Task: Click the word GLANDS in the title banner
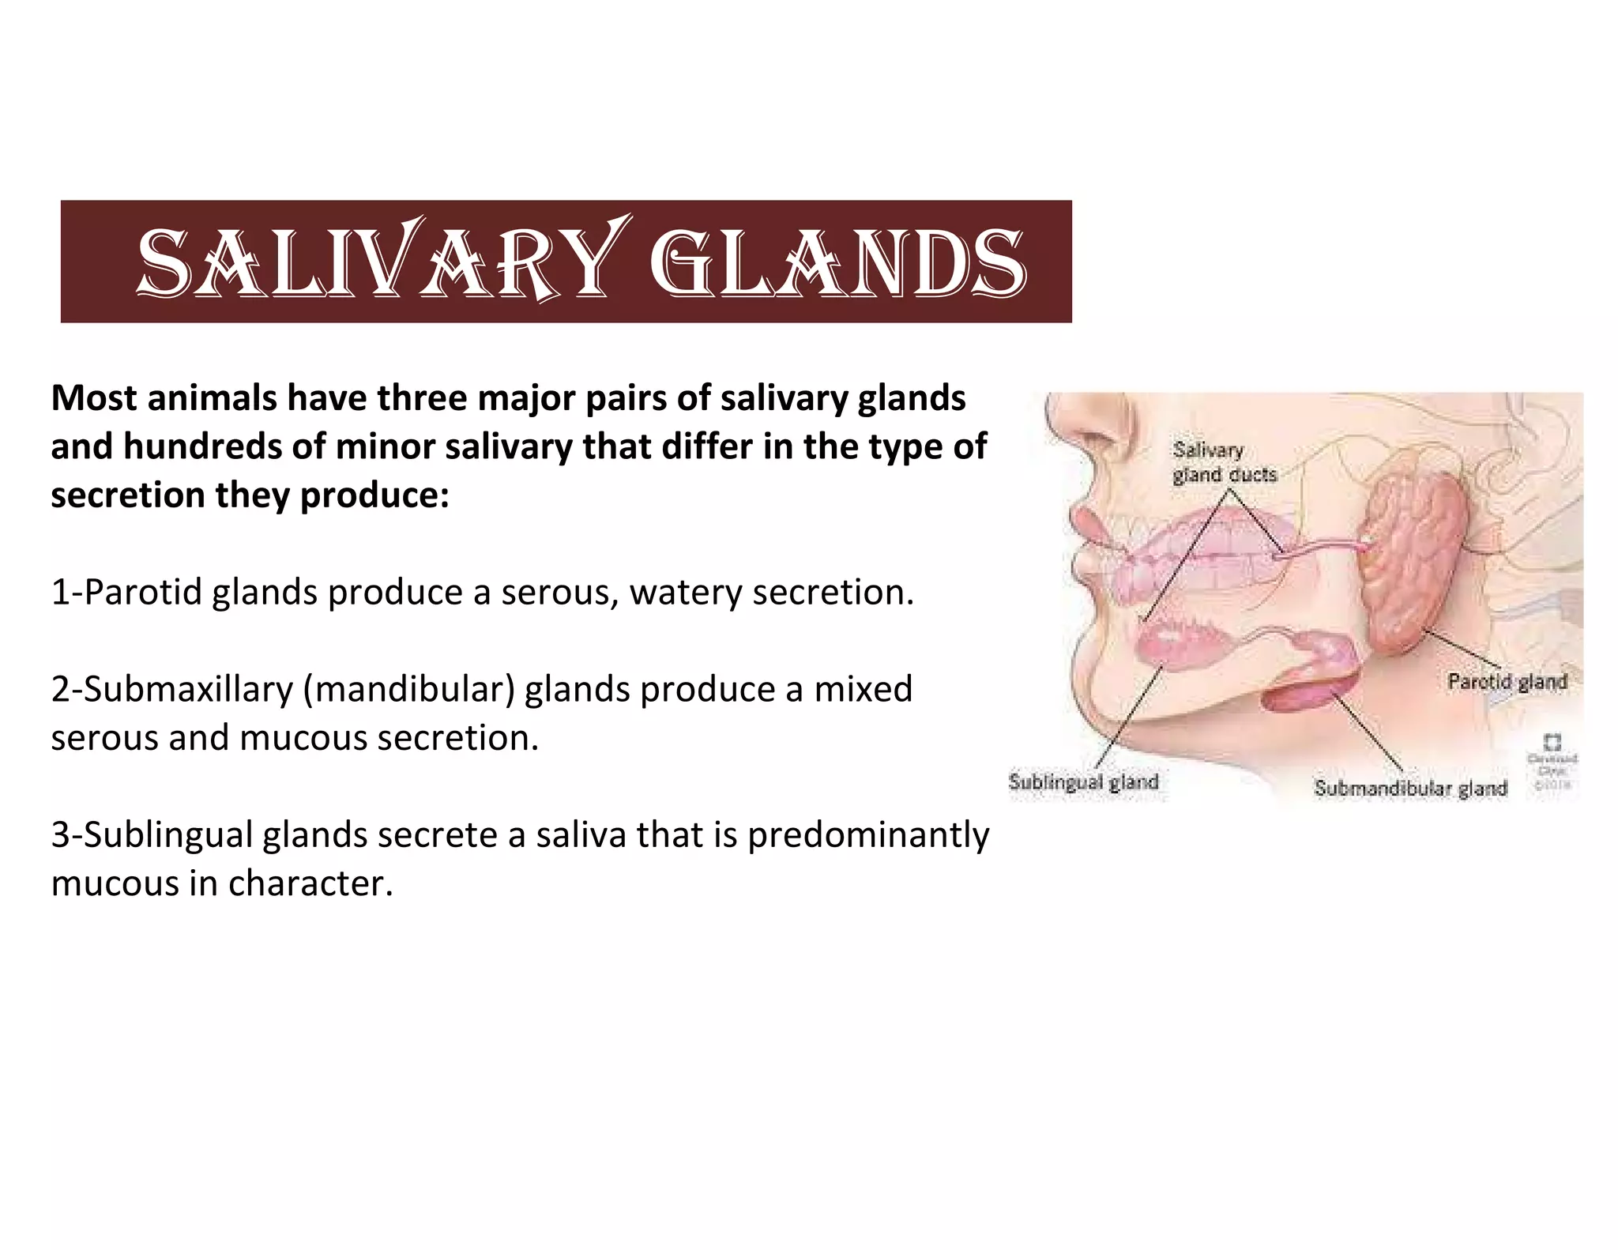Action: point(841,262)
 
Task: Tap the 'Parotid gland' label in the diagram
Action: point(1507,681)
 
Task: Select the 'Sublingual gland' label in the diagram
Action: point(1083,782)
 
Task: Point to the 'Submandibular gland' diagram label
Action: point(1410,788)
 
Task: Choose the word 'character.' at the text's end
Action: point(310,883)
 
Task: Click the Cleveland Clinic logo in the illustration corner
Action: point(1552,743)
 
